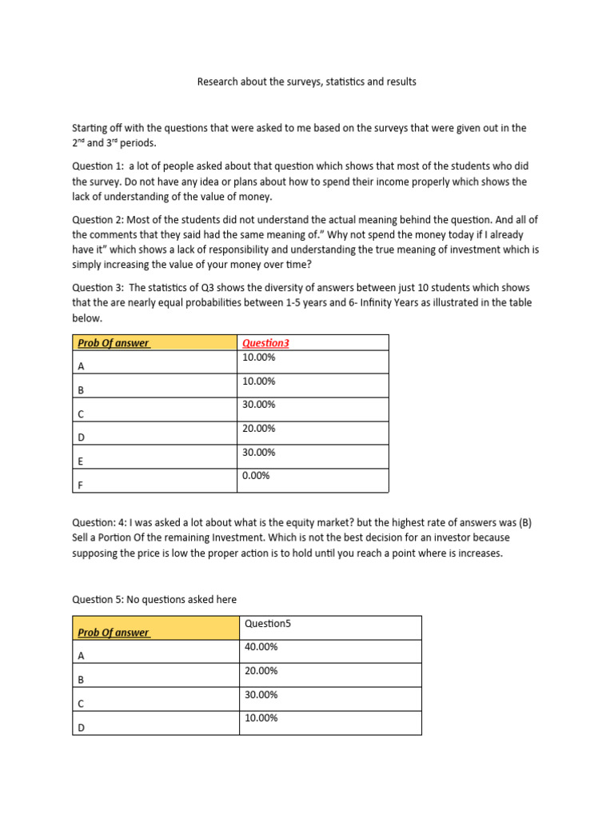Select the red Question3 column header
pyautogui.click(x=265, y=343)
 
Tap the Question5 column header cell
pyautogui.click(x=263, y=623)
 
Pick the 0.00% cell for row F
pyautogui.click(x=256, y=476)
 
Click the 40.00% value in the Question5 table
pyautogui.click(x=261, y=647)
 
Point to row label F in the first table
pyautogui.click(x=80, y=485)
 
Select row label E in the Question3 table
pyautogui.click(x=80, y=461)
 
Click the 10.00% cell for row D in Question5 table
pyautogui.click(x=261, y=718)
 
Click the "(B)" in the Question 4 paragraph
pyautogui.click(x=524, y=523)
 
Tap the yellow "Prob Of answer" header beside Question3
pyautogui.click(x=114, y=344)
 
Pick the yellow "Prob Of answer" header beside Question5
pyautogui.click(x=114, y=633)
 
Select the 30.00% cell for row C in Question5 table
pyautogui.click(x=261, y=694)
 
